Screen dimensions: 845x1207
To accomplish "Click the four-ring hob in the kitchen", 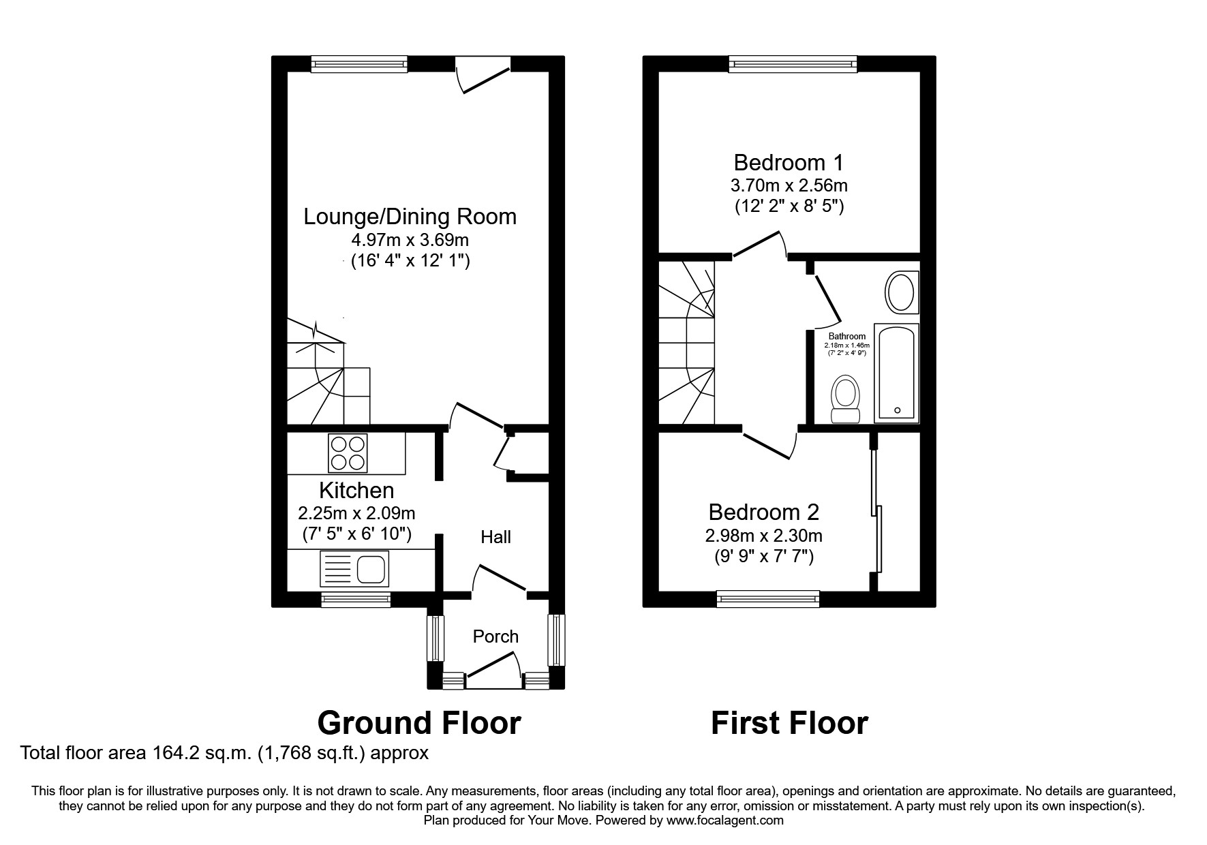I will click(x=348, y=453).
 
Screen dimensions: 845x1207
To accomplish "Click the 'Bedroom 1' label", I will click(x=789, y=163).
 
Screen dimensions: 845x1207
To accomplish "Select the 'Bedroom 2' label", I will click(x=763, y=512).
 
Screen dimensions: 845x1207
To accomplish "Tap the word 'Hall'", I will click(x=495, y=537).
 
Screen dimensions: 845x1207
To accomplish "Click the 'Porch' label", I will click(x=495, y=636).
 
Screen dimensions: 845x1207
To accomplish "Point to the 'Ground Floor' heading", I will click(x=419, y=722).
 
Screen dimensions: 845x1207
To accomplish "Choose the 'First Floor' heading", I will click(x=789, y=722).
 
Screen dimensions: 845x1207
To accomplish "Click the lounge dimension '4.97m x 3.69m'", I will click(x=410, y=240).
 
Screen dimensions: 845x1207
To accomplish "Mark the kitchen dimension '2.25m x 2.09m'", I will click(x=356, y=512).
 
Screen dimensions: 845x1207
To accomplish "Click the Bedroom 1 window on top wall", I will click(x=793, y=64).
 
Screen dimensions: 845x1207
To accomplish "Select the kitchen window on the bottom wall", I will click(x=356, y=600).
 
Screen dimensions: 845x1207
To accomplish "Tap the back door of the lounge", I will click(x=483, y=75).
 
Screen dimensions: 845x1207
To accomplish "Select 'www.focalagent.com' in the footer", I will click(x=725, y=820).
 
